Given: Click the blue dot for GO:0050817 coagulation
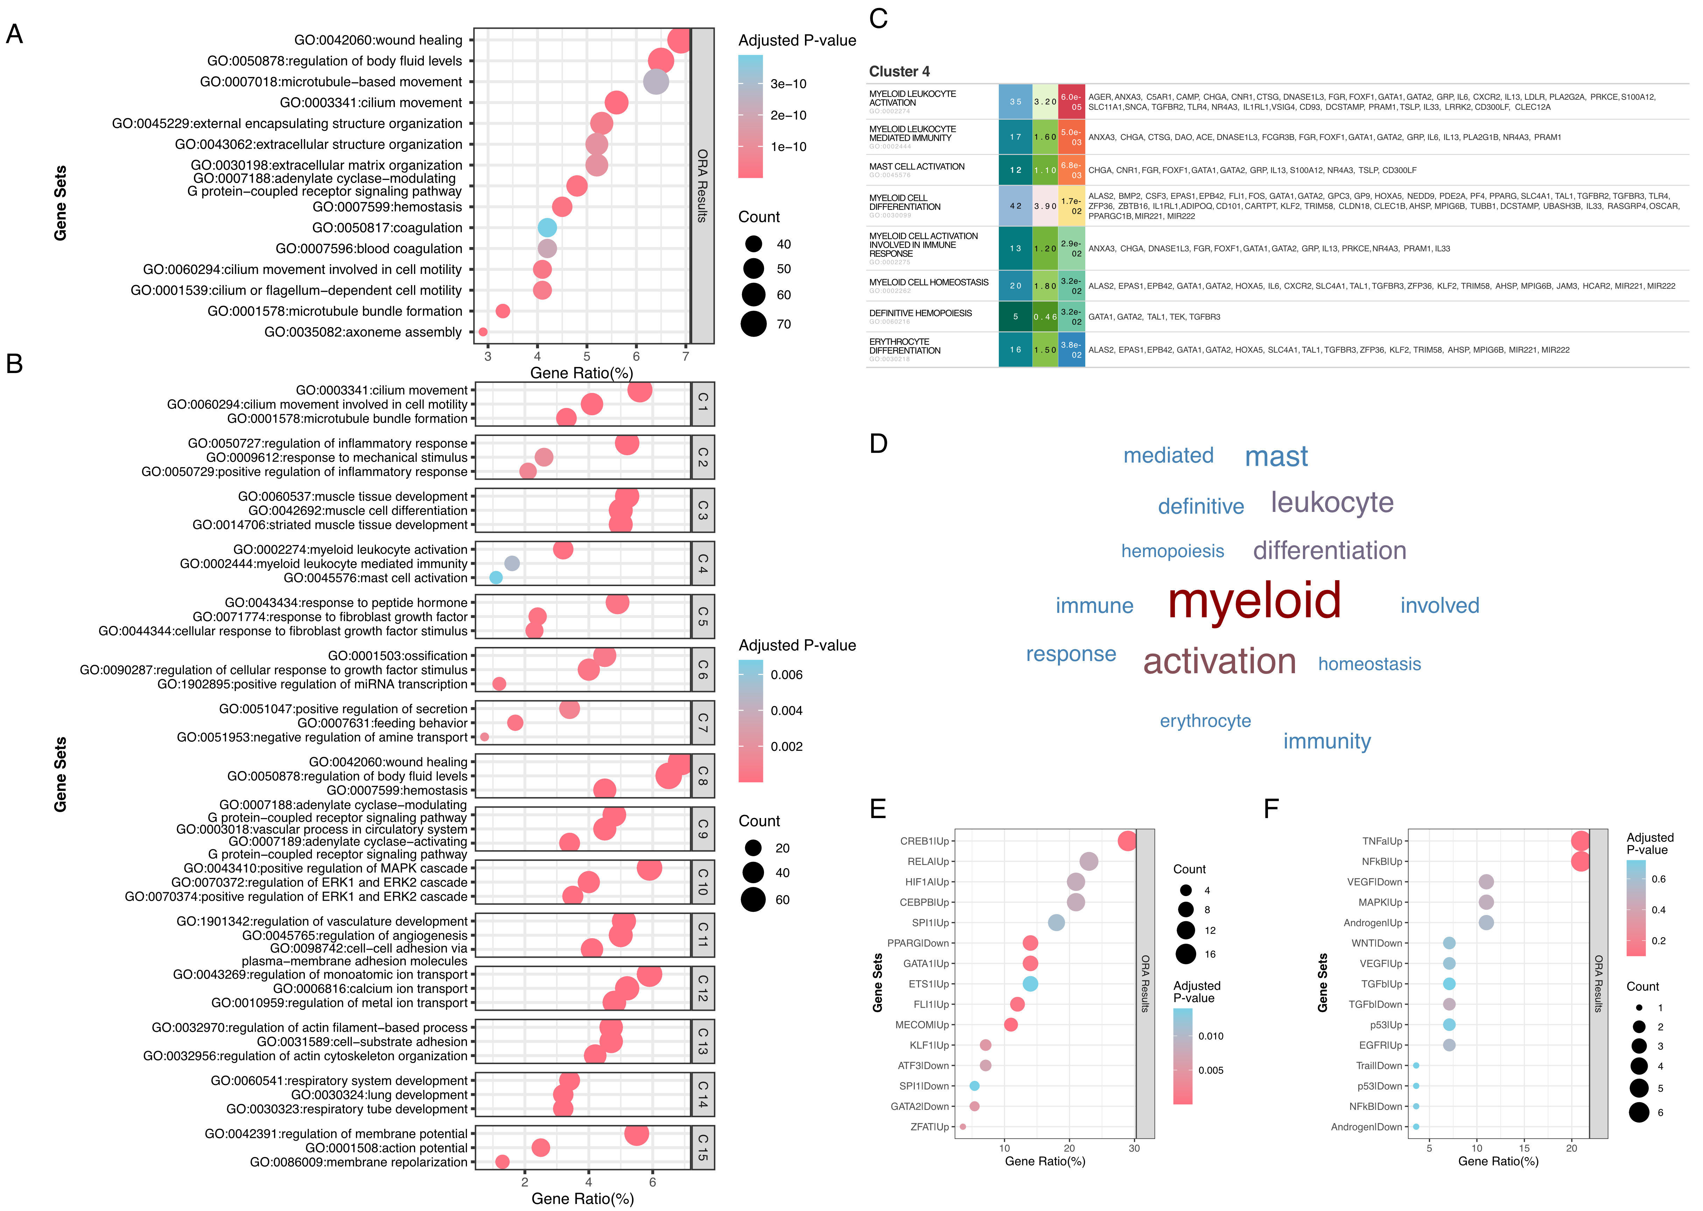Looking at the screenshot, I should [547, 227].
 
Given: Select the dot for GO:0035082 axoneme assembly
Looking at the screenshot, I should [483, 332].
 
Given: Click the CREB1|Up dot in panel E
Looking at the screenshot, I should [1127, 841].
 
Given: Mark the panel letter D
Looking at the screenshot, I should [879, 444].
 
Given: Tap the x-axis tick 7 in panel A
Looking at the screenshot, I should [686, 357].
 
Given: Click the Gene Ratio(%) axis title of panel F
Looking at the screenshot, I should [1498, 1161].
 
